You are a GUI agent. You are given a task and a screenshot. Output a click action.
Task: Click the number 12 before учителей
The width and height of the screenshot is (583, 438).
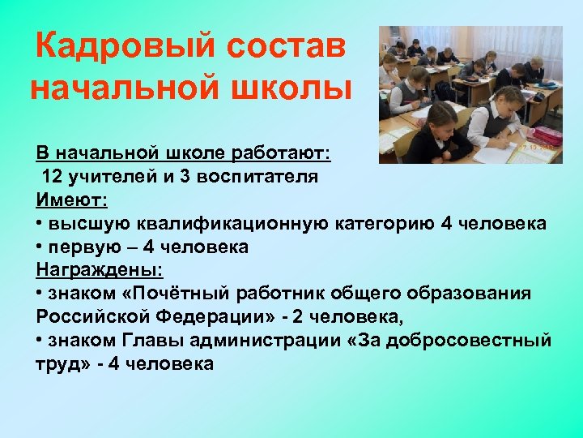[x=52, y=176]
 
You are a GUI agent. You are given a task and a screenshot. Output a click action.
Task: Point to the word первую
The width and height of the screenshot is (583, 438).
[x=79, y=247]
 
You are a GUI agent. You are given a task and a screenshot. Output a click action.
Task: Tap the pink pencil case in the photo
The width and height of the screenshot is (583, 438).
[x=548, y=135]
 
